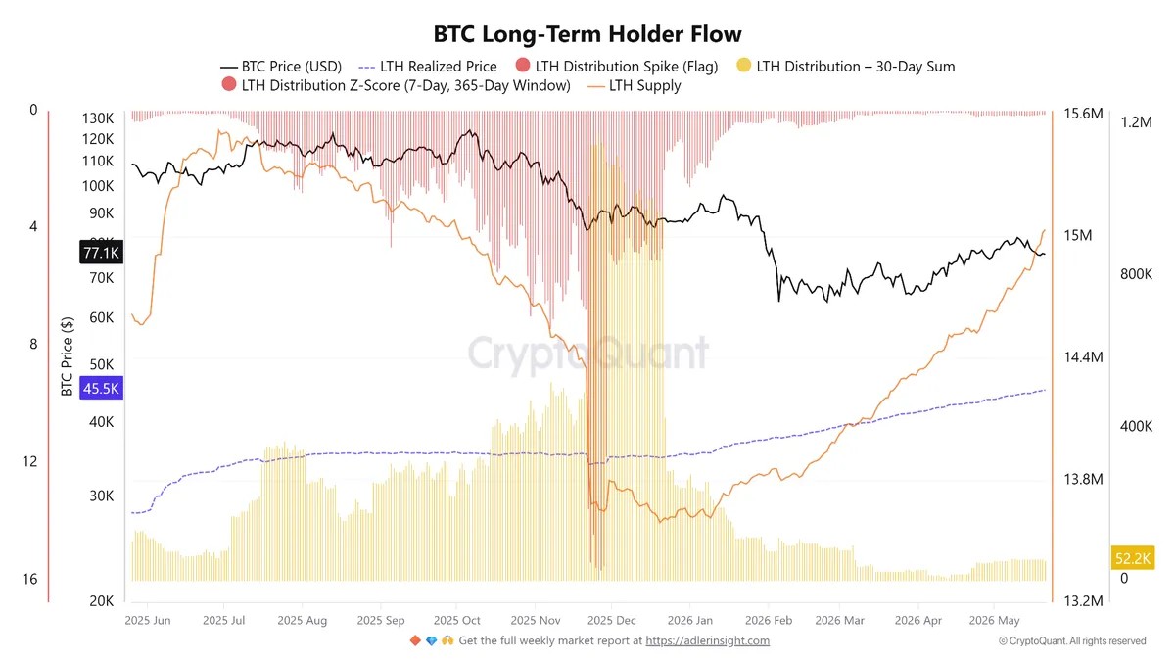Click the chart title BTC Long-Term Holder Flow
587,34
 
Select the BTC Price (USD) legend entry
281,67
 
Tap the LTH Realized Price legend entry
428,67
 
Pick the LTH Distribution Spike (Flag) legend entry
617,67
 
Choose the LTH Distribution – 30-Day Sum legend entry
846,67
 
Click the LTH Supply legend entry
634,85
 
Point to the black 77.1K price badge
101,253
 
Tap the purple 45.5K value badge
101,388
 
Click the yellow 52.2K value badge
1133,557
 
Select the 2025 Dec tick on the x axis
611,621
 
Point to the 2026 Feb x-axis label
769,621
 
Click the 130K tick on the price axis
98,118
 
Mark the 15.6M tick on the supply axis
1083,114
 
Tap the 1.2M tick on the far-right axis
1136,122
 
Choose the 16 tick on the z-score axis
29,579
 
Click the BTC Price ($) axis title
67,356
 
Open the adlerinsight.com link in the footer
708,640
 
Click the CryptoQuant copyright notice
1071,641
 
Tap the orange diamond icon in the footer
415,640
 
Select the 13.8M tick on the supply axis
1083,479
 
